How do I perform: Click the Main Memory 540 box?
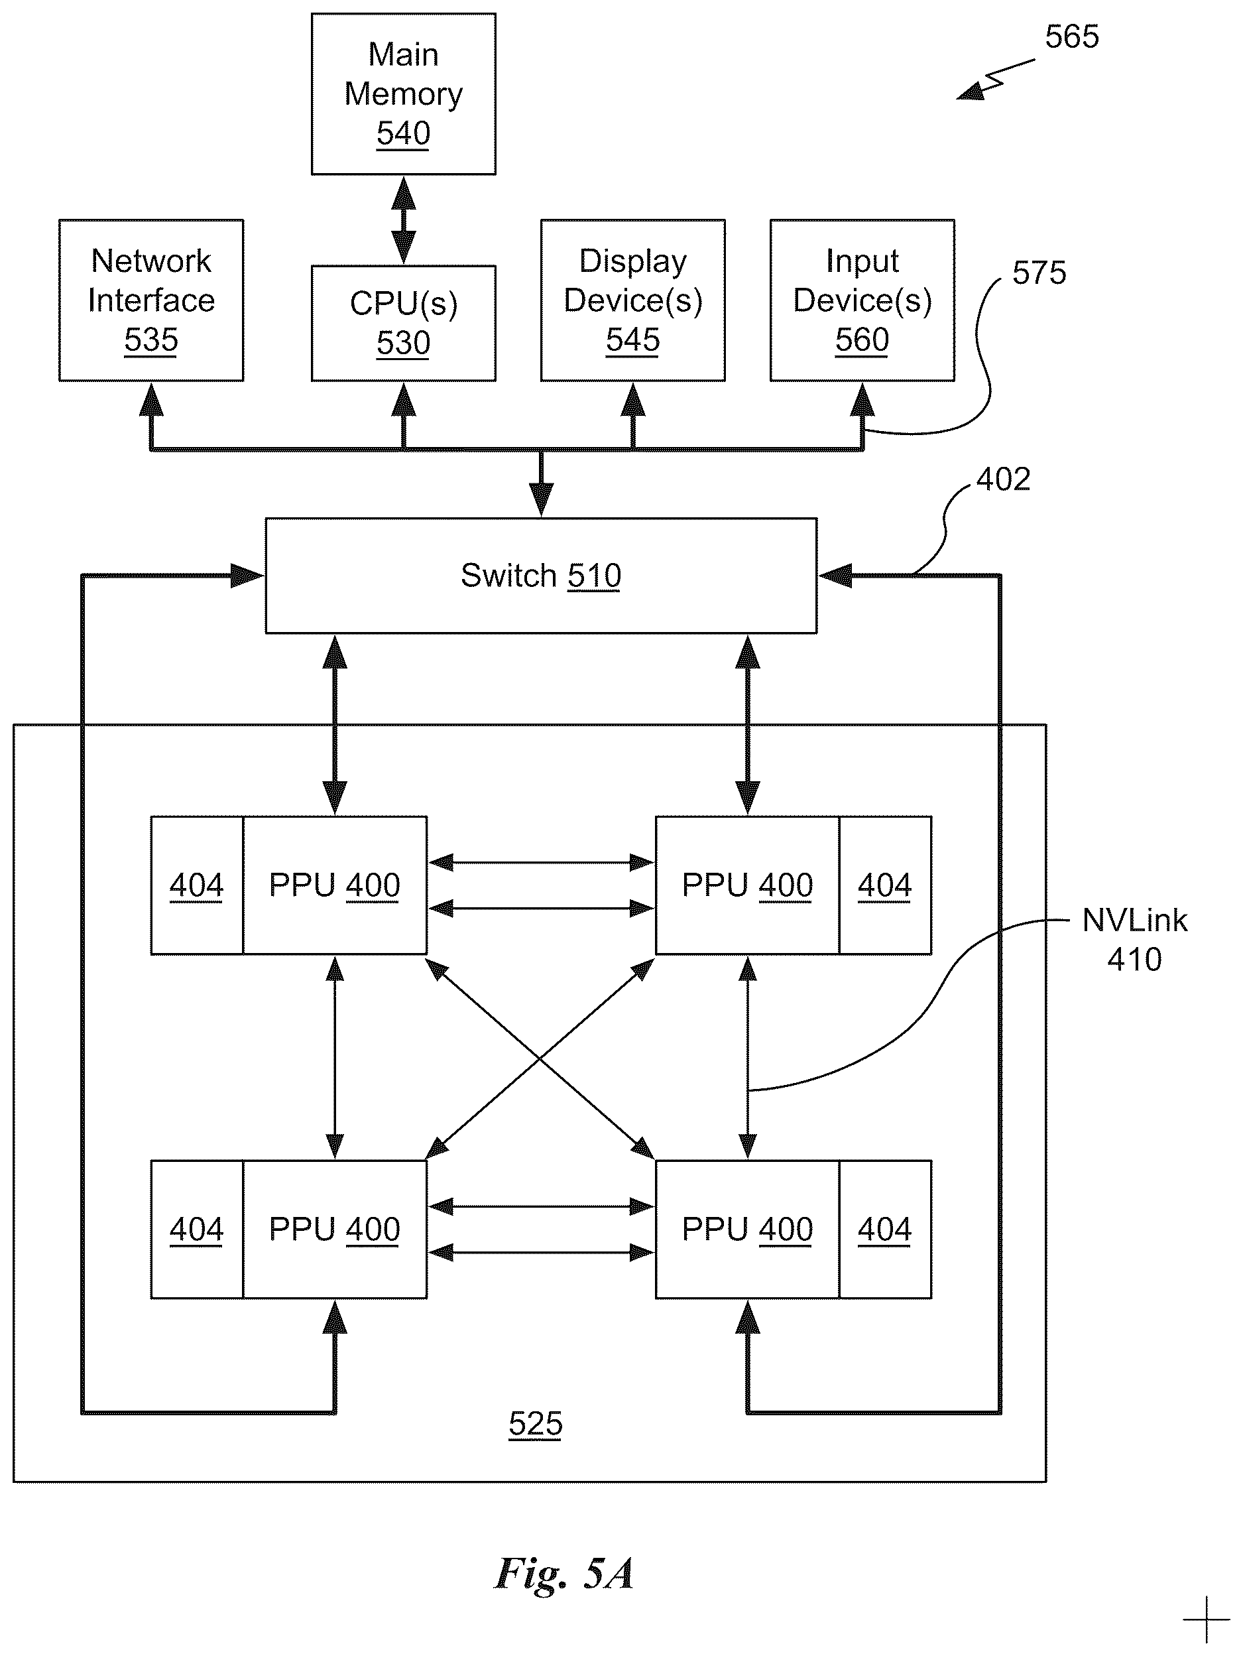pos(403,94)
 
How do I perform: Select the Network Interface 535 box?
pos(151,300)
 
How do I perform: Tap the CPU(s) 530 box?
pos(403,324)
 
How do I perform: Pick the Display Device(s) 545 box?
pos(633,300)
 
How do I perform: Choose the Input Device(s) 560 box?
pos(862,300)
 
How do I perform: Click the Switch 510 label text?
pos(541,576)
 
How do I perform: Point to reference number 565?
pos(1071,36)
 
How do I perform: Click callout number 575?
pos(1039,273)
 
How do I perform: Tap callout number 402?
pos(1003,479)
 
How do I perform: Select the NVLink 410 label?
pos(1134,940)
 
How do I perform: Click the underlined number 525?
pos(536,1423)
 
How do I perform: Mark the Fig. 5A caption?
pos(564,1572)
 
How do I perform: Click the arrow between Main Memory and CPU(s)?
pos(403,220)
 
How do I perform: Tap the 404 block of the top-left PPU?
pos(197,885)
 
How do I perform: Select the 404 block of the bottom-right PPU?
pos(885,1230)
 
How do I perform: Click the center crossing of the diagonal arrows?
pos(540,1058)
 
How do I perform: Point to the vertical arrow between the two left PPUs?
pos(335,1058)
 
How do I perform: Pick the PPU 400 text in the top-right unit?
pos(747,885)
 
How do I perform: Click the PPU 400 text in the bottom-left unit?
pos(335,1230)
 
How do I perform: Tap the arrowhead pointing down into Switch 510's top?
pos(541,500)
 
